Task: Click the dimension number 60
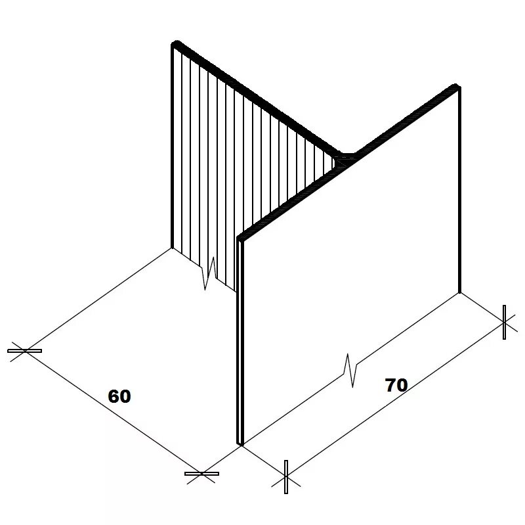tap(119, 396)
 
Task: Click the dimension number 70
tap(396, 385)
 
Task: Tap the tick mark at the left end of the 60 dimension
tap(24, 351)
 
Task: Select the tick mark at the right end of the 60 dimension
tap(201, 473)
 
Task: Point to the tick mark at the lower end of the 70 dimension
tap(285, 477)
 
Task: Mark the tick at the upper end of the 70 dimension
tap(504, 322)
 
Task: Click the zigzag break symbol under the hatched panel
tap(209, 273)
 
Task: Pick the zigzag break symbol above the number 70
tap(350, 370)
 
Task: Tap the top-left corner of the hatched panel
tap(175, 45)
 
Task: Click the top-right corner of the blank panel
tap(456, 87)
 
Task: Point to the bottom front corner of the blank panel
tap(240, 444)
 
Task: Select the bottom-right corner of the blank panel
tap(459, 292)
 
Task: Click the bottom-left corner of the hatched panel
tap(173, 248)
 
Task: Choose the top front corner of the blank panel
tap(241, 238)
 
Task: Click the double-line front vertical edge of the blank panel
tap(240, 342)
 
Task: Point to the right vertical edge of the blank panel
tap(459, 191)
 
